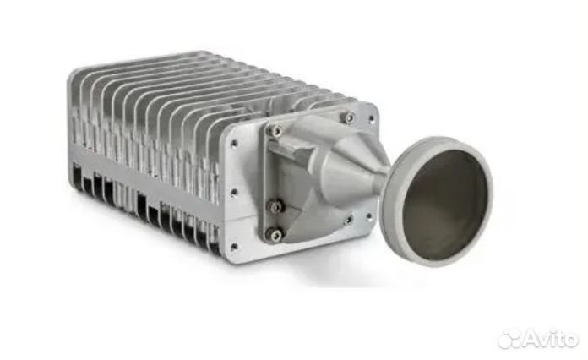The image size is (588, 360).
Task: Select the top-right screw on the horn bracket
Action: [x=349, y=117]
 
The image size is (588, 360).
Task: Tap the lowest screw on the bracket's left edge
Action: [x=275, y=234]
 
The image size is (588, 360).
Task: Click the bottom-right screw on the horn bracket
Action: [x=347, y=221]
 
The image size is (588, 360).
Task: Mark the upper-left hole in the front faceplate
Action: [x=234, y=144]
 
